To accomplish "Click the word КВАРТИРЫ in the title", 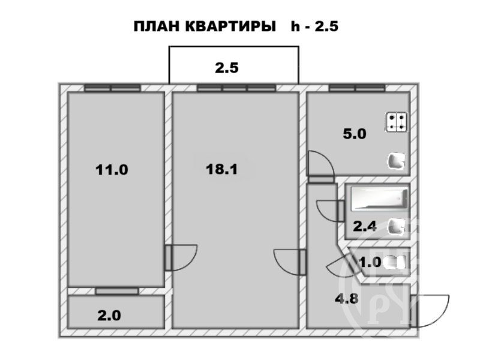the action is pos(230,26).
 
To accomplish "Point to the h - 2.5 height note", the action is pos(314,26).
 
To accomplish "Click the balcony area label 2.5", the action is pos(227,68).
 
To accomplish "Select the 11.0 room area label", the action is pos(112,170).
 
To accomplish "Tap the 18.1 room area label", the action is pos(221,169).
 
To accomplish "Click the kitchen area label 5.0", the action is pos(355,134).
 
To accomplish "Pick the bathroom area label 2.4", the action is pos(365,227).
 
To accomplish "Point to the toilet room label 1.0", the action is pos(370,262).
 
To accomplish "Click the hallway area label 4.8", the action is pos(347,298).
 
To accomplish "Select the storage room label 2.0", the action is pos(109,316).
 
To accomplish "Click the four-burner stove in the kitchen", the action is pos(397,122).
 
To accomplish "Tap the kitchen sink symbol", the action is pos(397,161).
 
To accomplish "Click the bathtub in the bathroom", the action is pos(380,199).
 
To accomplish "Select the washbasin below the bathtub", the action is pos(397,227).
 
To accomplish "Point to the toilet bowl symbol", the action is pos(394,263).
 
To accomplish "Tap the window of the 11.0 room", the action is pos(112,88).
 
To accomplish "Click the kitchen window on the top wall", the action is pos(357,88).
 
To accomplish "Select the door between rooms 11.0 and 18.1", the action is pos(181,257).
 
